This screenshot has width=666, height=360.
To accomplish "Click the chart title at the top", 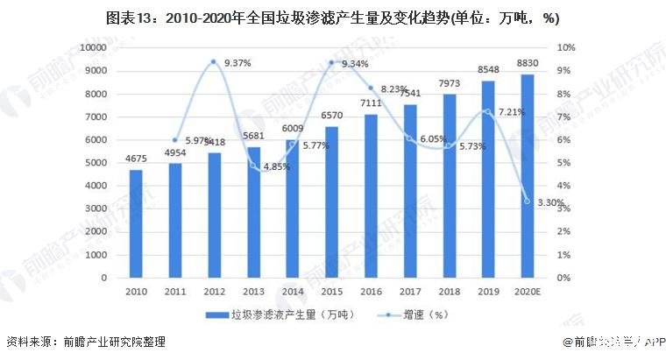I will pyautogui.click(x=332, y=17).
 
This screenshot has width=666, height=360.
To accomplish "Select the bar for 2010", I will pyautogui.click(x=136, y=224).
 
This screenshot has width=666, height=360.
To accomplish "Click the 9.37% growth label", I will pyautogui.click(x=238, y=63).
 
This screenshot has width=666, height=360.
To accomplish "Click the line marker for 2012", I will pyautogui.click(x=213, y=62).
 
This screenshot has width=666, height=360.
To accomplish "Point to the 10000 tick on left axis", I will pyautogui.click(x=93, y=47).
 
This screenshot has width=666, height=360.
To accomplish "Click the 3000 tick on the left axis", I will pyautogui.click(x=96, y=208).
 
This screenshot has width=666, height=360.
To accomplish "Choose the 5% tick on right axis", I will pyautogui.click(x=566, y=163).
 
